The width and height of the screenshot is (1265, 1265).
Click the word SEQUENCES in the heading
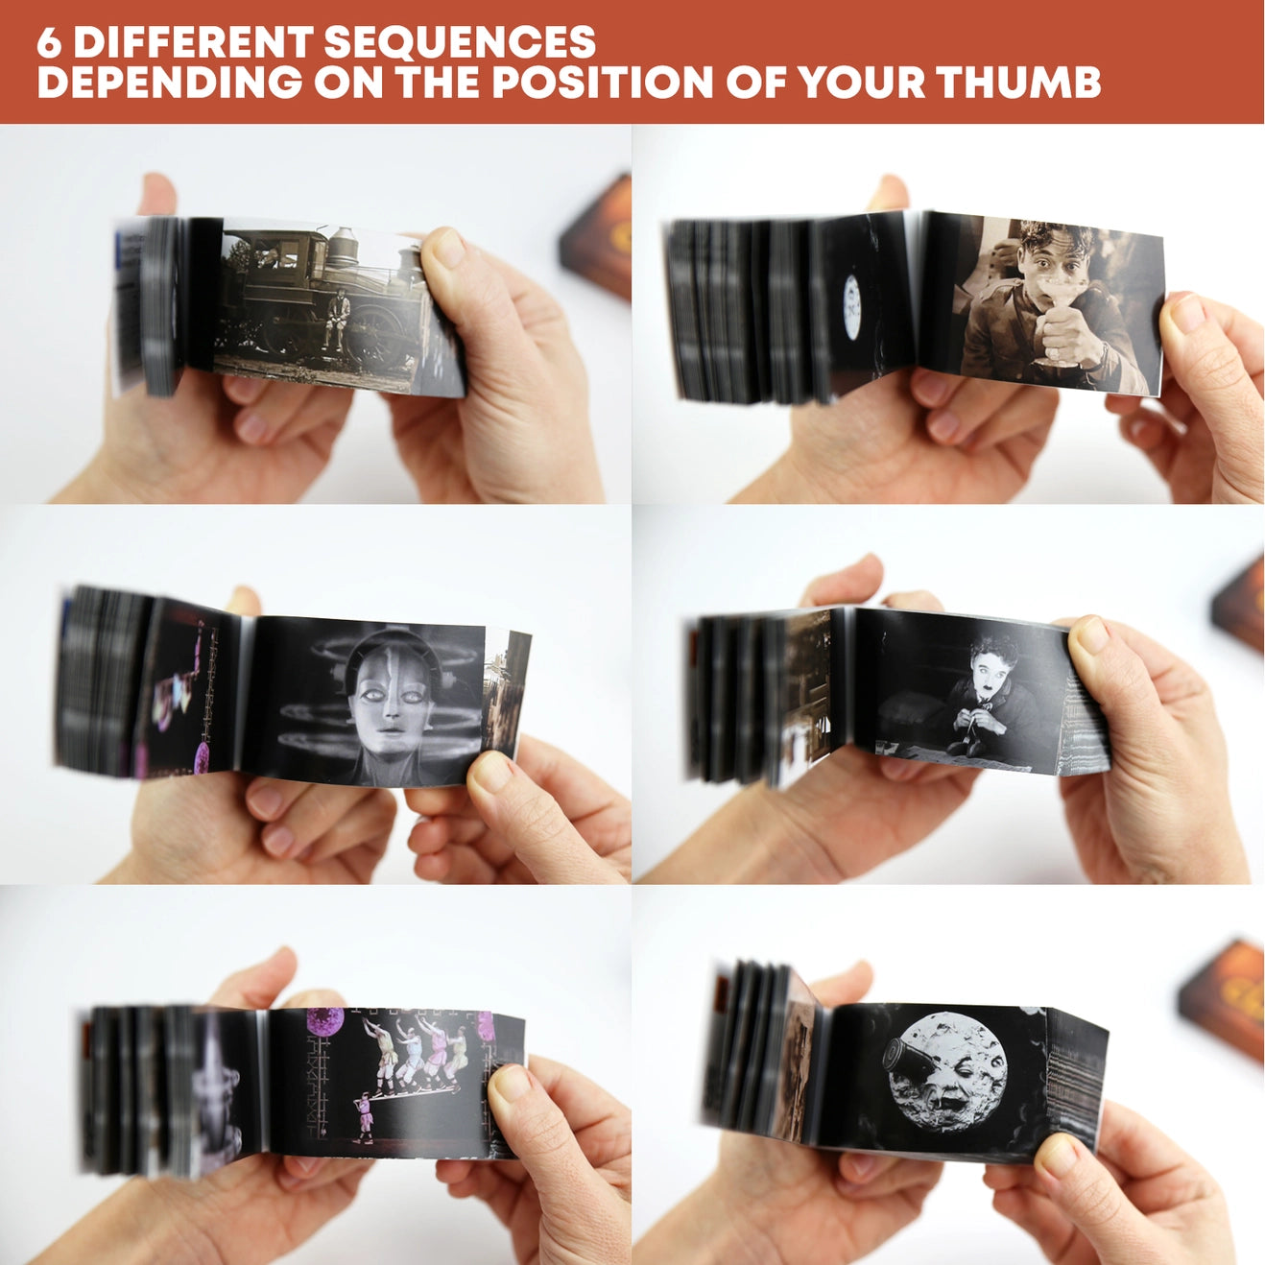pos(460,42)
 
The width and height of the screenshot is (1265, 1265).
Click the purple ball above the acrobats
pos(325,1021)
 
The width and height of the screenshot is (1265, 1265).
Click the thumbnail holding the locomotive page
pos(450,247)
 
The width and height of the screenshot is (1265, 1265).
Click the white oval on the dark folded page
pos(851,306)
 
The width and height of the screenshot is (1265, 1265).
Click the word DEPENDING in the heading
pos(170,83)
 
